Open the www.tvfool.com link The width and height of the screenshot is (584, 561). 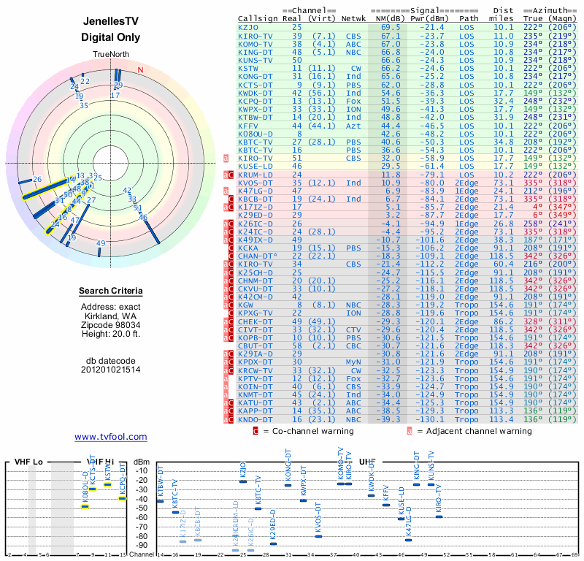[111, 437]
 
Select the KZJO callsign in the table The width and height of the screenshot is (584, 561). [249, 26]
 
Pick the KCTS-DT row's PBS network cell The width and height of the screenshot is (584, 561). [353, 85]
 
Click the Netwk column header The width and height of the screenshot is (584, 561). [353, 18]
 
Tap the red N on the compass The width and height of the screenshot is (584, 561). [141, 70]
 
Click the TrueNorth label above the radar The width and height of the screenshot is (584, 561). [111, 55]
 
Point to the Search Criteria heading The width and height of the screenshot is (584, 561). [111, 291]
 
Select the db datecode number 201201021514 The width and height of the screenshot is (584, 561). [111, 370]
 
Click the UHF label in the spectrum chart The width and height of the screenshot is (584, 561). [368, 462]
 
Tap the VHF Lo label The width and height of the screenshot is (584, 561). [29, 462]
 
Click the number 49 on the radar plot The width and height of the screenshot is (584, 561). [101, 243]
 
